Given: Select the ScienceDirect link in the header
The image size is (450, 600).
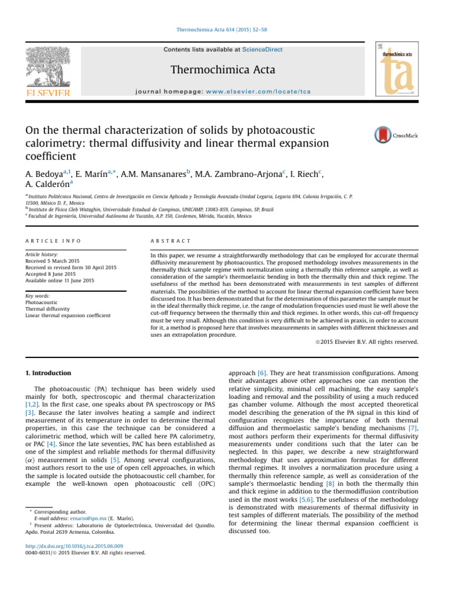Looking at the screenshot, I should [x=263, y=50].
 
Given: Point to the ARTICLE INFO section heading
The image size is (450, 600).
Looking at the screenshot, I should [x=53, y=241].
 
